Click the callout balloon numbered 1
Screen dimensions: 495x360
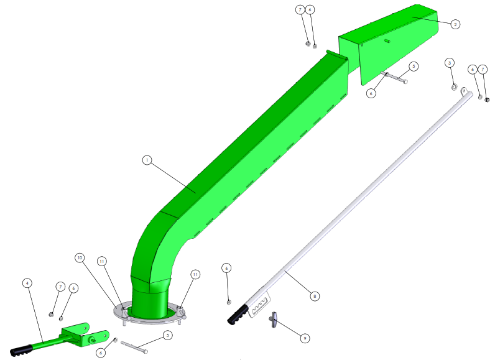(x=147, y=160)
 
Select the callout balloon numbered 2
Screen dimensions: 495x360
(x=455, y=24)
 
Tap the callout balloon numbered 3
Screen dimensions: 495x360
(x=450, y=63)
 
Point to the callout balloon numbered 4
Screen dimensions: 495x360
(x=27, y=283)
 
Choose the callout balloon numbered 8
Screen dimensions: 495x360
(x=315, y=296)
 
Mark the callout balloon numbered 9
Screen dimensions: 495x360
(x=305, y=338)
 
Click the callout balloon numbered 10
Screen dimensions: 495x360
(x=80, y=258)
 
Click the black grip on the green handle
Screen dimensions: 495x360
(x=21, y=350)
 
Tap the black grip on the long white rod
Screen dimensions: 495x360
(x=238, y=315)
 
